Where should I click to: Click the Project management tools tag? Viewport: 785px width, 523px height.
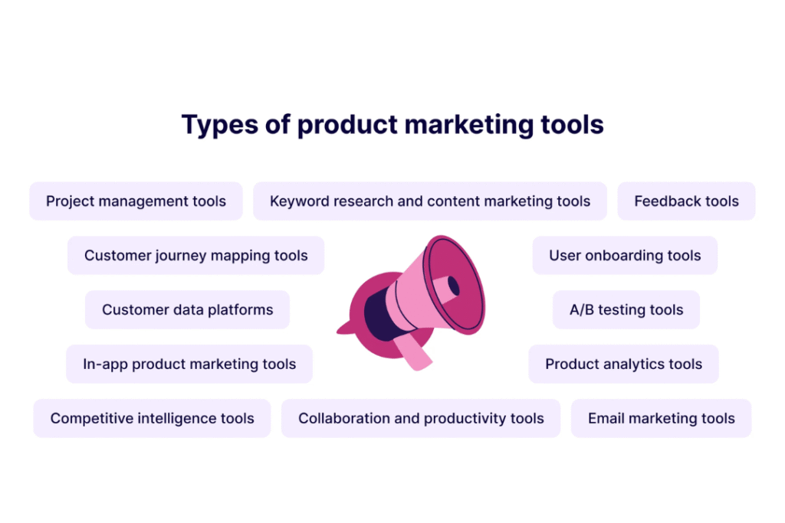click(136, 201)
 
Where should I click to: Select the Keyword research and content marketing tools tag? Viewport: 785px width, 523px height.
click(429, 201)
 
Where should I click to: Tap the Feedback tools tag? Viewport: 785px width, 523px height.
click(686, 201)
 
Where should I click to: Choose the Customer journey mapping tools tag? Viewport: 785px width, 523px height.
click(195, 256)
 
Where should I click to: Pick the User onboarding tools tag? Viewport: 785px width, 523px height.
click(625, 256)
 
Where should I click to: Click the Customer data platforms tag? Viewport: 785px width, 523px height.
click(187, 309)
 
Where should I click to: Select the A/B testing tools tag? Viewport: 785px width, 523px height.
click(626, 309)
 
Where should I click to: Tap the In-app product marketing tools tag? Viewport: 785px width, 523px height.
click(189, 364)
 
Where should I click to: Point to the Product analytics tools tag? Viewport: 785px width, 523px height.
click(623, 364)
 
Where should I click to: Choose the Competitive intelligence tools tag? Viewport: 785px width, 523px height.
click(153, 418)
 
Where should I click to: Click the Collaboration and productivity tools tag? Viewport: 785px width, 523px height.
click(421, 418)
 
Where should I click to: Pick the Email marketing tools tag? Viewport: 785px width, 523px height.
click(661, 418)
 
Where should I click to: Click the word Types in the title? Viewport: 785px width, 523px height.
click(220, 125)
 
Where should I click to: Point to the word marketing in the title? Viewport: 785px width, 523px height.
click(469, 125)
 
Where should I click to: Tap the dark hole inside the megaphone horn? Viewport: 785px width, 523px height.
click(454, 286)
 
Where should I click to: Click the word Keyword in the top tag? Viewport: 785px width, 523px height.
click(300, 201)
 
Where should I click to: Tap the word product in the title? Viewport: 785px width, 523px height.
click(347, 125)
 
